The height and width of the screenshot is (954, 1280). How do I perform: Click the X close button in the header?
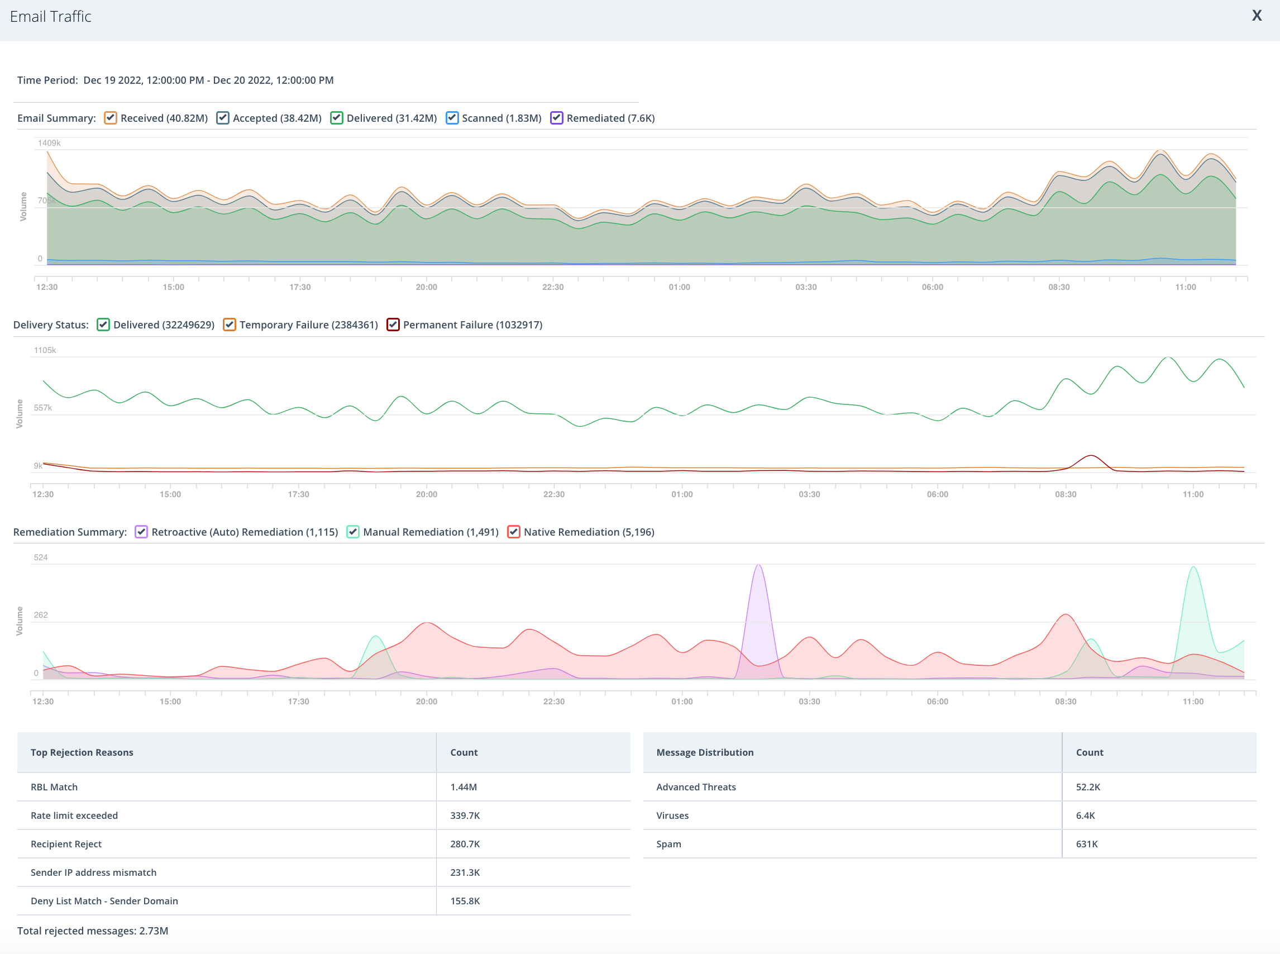[1257, 16]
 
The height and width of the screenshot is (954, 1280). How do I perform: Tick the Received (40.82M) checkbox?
[110, 118]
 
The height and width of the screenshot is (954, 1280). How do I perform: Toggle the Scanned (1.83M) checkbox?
[452, 118]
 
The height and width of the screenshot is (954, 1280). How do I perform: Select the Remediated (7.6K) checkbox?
[557, 118]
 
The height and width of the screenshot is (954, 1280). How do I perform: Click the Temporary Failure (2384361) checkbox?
[229, 325]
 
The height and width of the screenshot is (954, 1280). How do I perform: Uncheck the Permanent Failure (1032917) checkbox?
[393, 325]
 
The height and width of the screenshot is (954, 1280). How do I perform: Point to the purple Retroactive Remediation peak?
[758, 565]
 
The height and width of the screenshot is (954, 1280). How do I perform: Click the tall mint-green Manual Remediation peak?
[1193, 567]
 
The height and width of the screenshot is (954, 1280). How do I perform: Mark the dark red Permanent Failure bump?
[1091, 456]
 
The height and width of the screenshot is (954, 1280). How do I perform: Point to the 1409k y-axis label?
[49, 142]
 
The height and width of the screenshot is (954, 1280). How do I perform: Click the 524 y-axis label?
[40, 557]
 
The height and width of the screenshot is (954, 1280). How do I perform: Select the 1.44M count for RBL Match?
[464, 787]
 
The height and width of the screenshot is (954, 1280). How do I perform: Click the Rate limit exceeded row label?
[74, 815]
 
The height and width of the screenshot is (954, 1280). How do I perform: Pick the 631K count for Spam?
[1087, 844]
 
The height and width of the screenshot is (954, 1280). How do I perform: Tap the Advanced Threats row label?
[696, 787]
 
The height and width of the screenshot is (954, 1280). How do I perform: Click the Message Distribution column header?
[705, 752]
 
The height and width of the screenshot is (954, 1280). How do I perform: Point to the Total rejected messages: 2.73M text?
[93, 931]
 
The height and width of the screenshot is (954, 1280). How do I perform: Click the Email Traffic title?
[51, 17]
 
